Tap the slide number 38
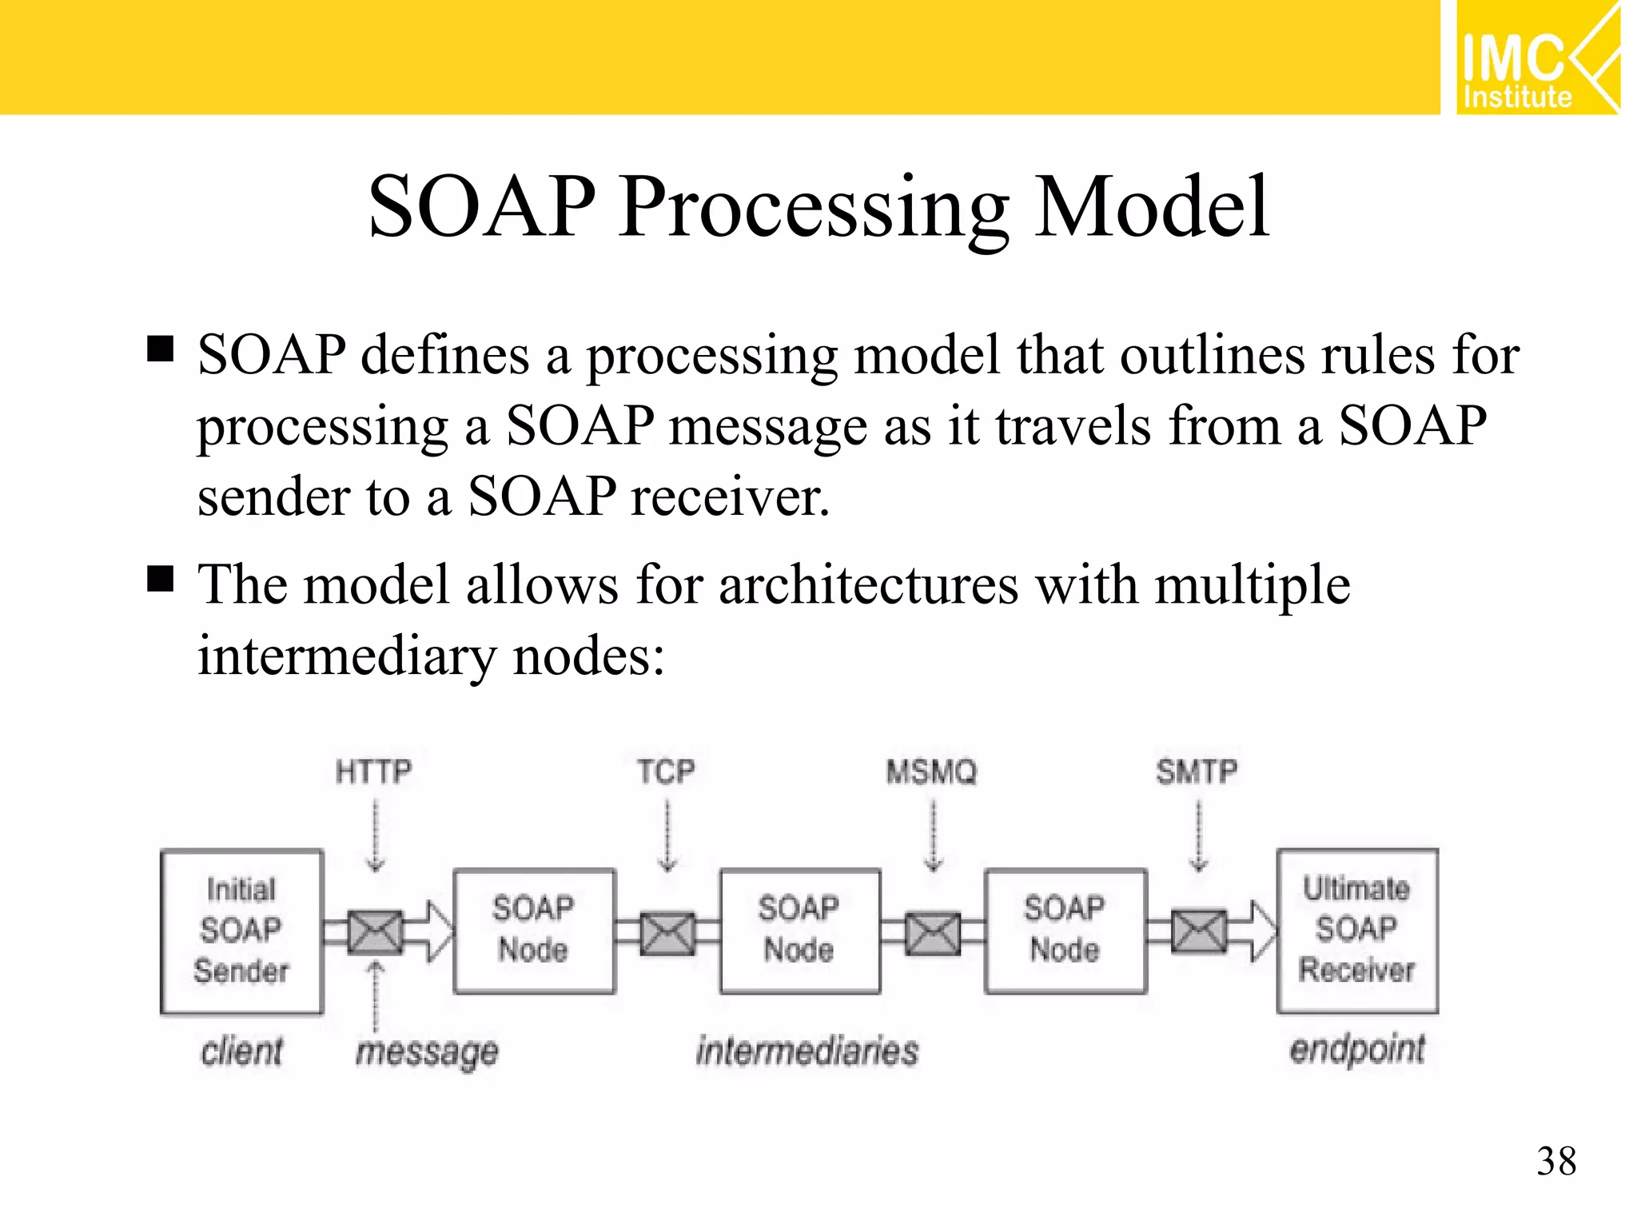(1555, 1161)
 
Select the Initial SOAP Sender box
(241, 931)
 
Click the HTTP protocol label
(373, 772)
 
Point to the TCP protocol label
(666, 772)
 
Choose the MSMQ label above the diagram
(932, 772)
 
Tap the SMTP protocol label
(1197, 772)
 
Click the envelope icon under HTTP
(375, 932)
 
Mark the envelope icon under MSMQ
(933, 932)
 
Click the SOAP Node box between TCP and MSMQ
(799, 931)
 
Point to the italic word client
(241, 1051)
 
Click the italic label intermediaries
(807, 1051)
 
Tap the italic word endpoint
(1356, 1049)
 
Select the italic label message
(427, 1052)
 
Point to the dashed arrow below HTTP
(375, 835)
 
